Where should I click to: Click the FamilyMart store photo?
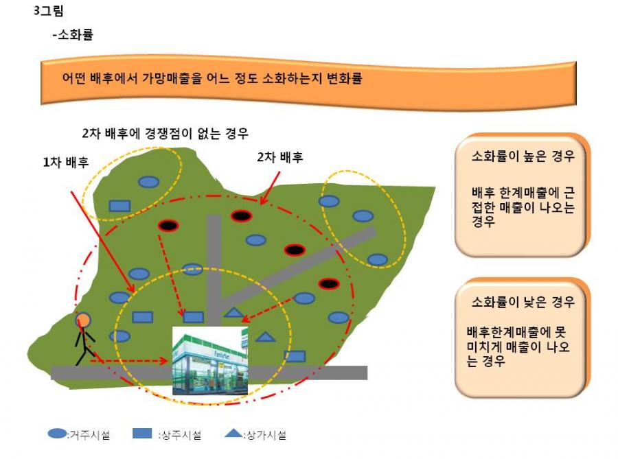[x=210, y=360]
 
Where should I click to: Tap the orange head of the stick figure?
[x=83, y=320]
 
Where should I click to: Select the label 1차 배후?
[x=66, y=162]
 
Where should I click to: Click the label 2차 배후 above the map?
[x=280, y=157]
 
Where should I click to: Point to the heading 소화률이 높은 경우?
[x=523, y=156]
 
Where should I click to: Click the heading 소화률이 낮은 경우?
[x=523, y=301]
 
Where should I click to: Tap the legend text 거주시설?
[x=90, y=435]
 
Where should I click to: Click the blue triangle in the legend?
[x=233, y=434]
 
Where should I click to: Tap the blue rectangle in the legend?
[x=142, y=434]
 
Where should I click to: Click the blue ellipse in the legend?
[x=57, y=434]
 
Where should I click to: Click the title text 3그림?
[x=49, y=10]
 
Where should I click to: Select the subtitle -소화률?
[x=73, y=34]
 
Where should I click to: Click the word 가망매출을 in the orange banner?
[x=172, y=78]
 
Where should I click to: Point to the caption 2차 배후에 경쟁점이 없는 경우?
[x=165, y=134]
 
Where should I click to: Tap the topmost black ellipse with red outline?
[x=241, y=215]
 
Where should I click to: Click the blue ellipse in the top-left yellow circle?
[x=148, y=182]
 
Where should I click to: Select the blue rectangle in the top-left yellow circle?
[x=119, y=206]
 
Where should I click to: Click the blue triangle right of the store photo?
[x=265, y=337]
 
